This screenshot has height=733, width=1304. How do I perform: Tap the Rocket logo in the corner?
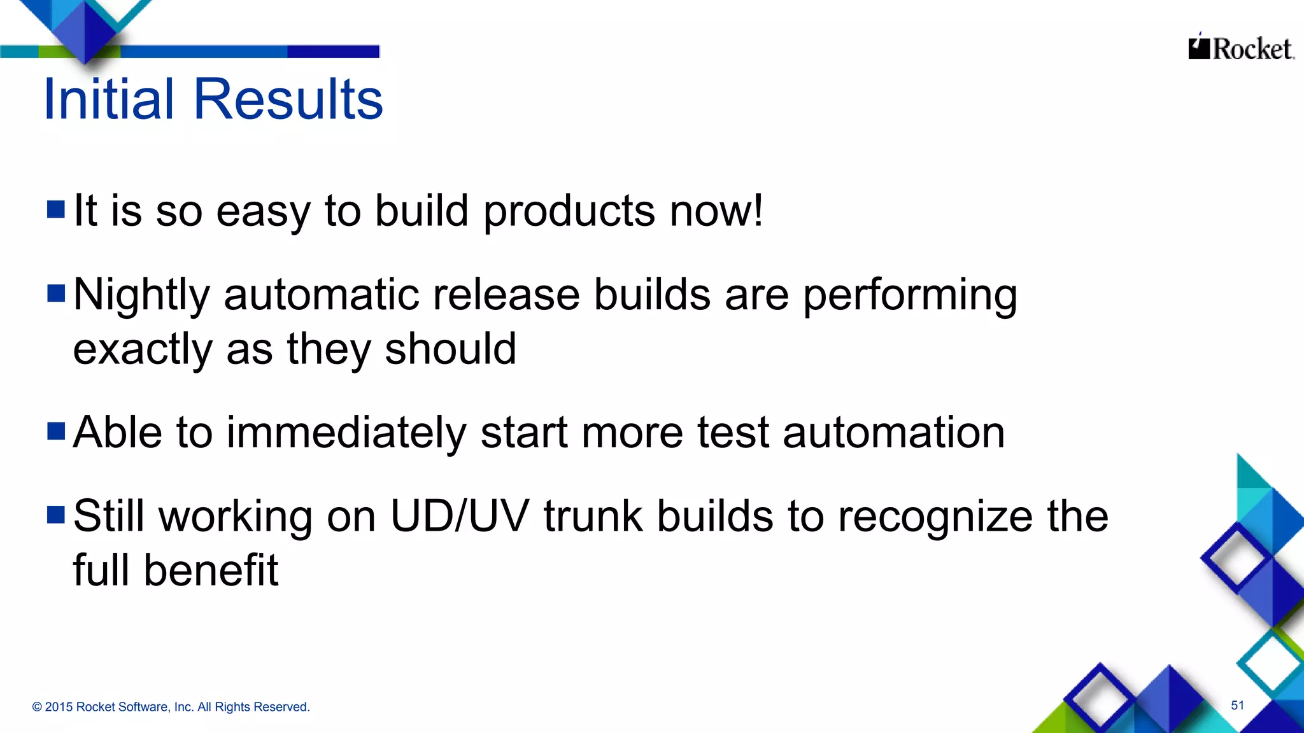1240,48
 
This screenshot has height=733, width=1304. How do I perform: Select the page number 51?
1237,705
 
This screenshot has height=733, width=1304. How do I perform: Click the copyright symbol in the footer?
37,707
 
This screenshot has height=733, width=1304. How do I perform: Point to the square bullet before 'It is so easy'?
56,209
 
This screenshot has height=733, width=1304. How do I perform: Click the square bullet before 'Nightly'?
56,293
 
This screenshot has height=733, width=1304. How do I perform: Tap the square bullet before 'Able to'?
56,431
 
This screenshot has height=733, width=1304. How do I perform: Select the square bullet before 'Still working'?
56,514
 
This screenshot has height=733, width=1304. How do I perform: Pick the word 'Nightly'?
141,296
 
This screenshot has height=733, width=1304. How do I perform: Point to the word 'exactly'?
142,350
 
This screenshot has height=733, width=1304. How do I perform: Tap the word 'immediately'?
346,433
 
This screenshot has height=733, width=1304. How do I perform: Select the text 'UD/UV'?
459,515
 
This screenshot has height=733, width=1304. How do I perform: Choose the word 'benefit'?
211,569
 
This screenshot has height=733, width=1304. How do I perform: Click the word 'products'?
569,212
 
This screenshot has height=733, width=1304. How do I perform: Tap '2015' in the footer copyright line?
59,707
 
